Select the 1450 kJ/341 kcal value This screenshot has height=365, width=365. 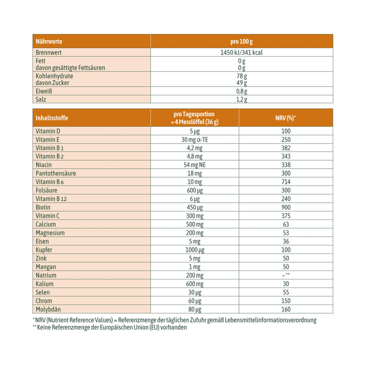pos(241,52)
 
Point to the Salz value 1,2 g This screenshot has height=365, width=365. pos(241,99)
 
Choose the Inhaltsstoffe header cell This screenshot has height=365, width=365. pos(52,118)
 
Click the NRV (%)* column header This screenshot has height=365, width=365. pos(286,118)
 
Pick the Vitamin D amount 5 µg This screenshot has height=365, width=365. pos(195,131)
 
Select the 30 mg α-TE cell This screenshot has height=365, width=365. pos(195,140)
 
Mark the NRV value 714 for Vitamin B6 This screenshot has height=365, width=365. pos(286,182)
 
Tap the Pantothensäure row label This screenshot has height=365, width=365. pos(55,173)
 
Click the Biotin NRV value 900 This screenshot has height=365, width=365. pos(286,208)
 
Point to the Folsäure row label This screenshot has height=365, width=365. pos(46,190)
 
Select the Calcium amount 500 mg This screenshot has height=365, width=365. pos(195,224)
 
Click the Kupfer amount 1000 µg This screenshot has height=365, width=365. pos(195,250)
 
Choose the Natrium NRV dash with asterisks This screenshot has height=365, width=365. pos(286,275)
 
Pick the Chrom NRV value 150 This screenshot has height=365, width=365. pos(286,301)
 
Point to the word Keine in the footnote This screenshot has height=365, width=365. pos(45,327)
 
